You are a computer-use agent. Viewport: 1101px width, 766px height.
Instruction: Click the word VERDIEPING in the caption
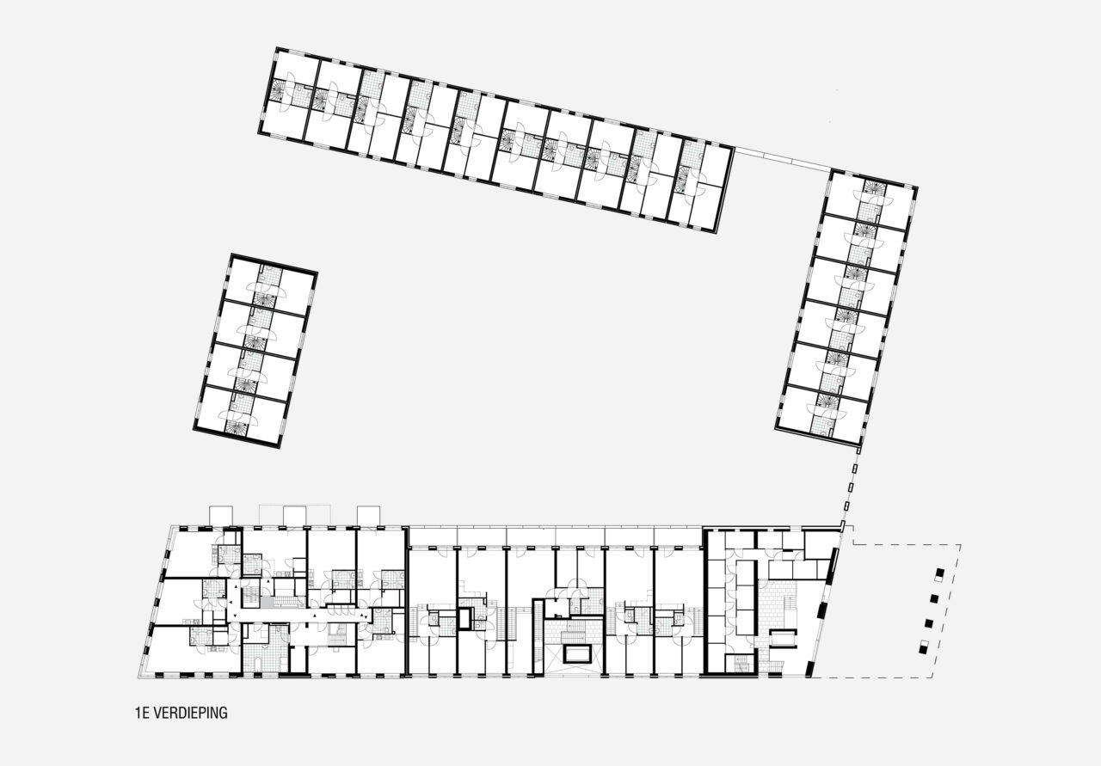pos(190,713)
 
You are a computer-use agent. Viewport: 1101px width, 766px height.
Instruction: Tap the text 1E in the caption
pos(142,713)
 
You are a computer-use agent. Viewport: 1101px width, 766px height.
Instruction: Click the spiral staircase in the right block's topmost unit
pos(875,187)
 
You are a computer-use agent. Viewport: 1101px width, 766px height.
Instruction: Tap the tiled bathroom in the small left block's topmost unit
pos(271,275)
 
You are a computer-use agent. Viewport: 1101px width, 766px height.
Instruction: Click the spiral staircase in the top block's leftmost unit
pos(278,91)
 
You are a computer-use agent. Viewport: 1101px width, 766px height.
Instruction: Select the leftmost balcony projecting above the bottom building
pos(221,516)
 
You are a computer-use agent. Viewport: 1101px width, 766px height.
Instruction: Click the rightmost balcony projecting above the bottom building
pos(369,516)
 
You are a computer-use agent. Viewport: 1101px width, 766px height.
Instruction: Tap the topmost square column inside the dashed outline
pos(940,575)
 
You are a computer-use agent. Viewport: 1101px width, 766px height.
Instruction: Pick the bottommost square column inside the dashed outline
pos(925,647)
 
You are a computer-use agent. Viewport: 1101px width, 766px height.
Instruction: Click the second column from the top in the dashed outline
pos(935,598)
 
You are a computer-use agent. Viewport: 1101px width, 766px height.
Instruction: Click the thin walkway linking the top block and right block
pos(783,159)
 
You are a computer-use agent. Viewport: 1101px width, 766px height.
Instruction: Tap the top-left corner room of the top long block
pos(296,71)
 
